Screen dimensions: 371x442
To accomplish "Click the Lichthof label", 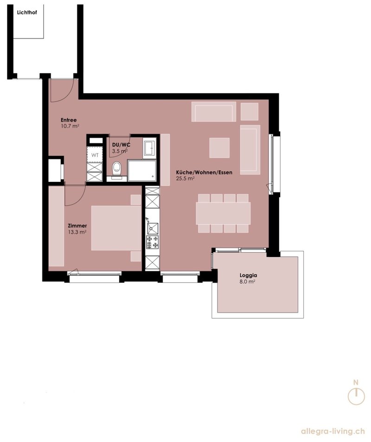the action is (27, 13).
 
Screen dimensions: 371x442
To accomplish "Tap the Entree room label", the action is (69, 120).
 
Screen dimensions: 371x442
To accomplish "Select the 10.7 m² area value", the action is (70, 126).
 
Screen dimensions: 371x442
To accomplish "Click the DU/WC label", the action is (121, 145).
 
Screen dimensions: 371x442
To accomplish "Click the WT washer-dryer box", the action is (95, 155).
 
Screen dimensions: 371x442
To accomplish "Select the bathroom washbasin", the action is (149, 147).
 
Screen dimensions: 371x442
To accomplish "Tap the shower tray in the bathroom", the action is (142, 171).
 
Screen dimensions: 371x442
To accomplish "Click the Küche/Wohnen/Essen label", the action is (204, 172).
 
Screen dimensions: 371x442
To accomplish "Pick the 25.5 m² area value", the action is (185, 178).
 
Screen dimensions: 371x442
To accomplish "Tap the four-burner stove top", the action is (152, 242).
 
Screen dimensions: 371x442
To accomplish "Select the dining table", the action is (223, 213).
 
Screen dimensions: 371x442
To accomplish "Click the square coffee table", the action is (219, 147).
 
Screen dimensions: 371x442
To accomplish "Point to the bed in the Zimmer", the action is (116, 228).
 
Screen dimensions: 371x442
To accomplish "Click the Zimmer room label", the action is (77, 225).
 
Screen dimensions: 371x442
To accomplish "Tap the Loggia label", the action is (249, 275).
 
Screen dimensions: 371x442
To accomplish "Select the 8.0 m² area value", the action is (248, 282).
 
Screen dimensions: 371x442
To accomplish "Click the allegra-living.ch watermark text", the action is (333, 431).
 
